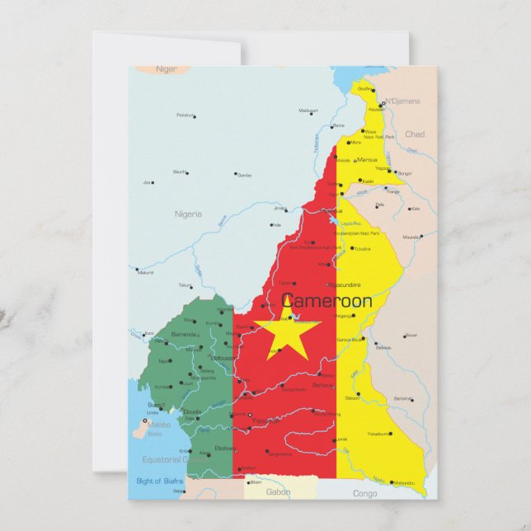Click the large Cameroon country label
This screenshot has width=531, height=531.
(x=327, y=301)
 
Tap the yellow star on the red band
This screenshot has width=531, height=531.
(x=287, y=331)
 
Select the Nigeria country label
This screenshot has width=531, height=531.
(x=188, y=214)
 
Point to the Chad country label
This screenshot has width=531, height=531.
(x=415, y=134)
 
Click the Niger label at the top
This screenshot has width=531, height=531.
(x=167, y=70)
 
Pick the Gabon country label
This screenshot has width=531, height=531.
(x=278, y=491)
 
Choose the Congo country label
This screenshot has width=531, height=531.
(x=364, y=493)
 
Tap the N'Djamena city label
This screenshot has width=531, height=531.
(x=402, y=101)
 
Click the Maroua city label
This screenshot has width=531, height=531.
(x=367, y=159)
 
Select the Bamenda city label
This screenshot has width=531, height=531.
(x=183, y=335)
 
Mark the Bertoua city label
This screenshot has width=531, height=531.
(x=322, y=385)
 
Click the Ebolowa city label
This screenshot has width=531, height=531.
(x=224, y=448)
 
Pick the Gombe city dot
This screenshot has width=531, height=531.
(x=235, y=174)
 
